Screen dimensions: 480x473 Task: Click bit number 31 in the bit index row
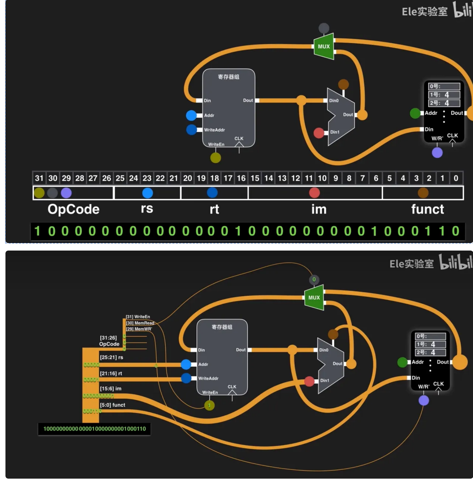(x=39, y=178)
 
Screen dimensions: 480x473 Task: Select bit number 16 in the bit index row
(x=241, y=178)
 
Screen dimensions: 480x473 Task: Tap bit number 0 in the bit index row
(x=456, y=178)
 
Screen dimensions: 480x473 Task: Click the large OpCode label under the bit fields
(x=73, y=209)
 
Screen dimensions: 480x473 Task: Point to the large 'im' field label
(x=319, y=209)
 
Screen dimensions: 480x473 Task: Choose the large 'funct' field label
(x=427, y=209)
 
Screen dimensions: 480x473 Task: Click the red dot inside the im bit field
(x=314, y=193)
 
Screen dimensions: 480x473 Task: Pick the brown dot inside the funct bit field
(x=423, y=193)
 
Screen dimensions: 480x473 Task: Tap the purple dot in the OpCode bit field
(x=66, y=193)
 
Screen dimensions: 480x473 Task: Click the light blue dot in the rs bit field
(x=147, y=193)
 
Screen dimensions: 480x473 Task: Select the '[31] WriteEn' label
(x=138, y=317)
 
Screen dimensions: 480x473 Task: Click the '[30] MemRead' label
(x=140, y=323)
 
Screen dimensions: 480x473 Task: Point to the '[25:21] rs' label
(x=112, y=357)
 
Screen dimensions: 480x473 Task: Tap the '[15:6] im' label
(x=110, y=388)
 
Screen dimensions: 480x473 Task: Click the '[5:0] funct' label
(x=113, y=405)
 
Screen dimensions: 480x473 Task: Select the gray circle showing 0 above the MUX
(x=314, y=279)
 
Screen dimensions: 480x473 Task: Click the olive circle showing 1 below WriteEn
(x=209, y=405)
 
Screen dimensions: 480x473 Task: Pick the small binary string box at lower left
(x=94, y=429)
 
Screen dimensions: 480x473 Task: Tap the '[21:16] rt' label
(x=111, y=373)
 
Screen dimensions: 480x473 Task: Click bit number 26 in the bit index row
(x=107, y=178)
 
